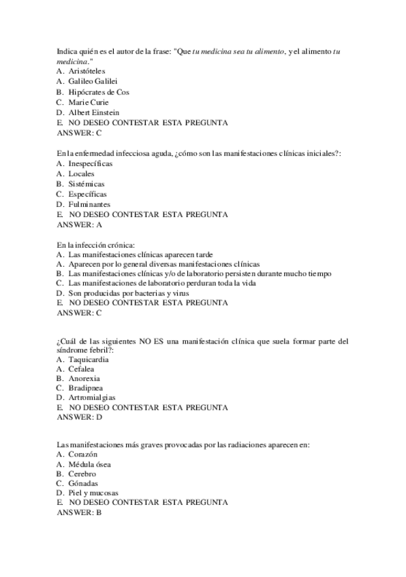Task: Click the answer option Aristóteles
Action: [87, 71]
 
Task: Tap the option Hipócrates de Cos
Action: [98, 92]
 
